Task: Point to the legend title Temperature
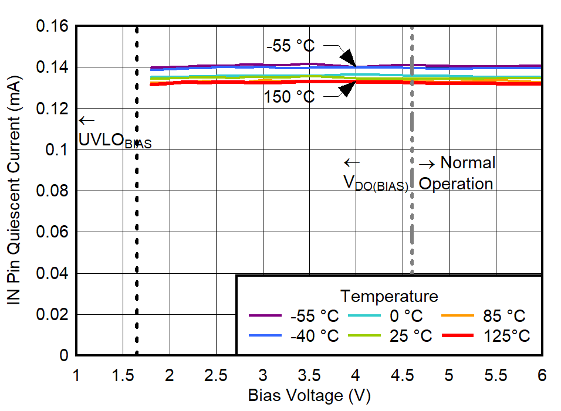point(389,295)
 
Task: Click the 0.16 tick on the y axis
point(52,27)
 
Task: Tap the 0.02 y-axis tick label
point(52,315)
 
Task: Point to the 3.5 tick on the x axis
point(309,375)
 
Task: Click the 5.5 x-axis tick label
point(496,375)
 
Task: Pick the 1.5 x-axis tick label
point(123,375)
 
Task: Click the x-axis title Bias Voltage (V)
point(309,396)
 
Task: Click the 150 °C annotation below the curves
point(289,97)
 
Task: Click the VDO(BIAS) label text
point(376,184)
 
